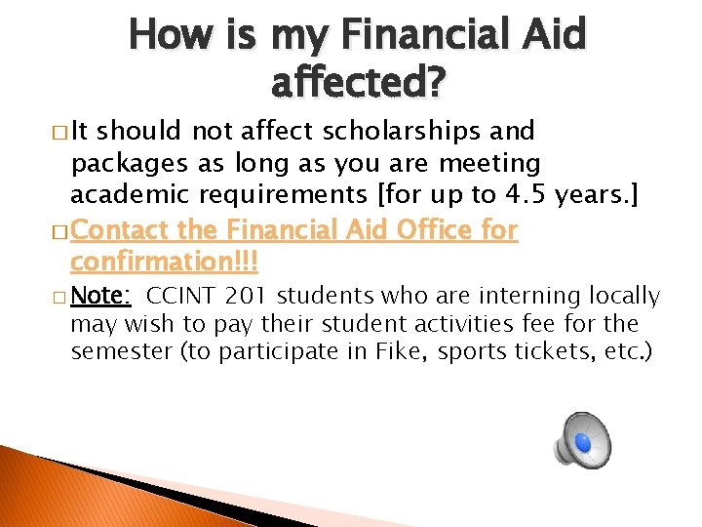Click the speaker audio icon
(x=582, y=441)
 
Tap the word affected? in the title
(x=358, y=85)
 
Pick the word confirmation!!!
(x=164, y=262)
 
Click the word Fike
(x=398, y=351)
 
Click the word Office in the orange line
(x=425, y=230)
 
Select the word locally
(x=623, y=296)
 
